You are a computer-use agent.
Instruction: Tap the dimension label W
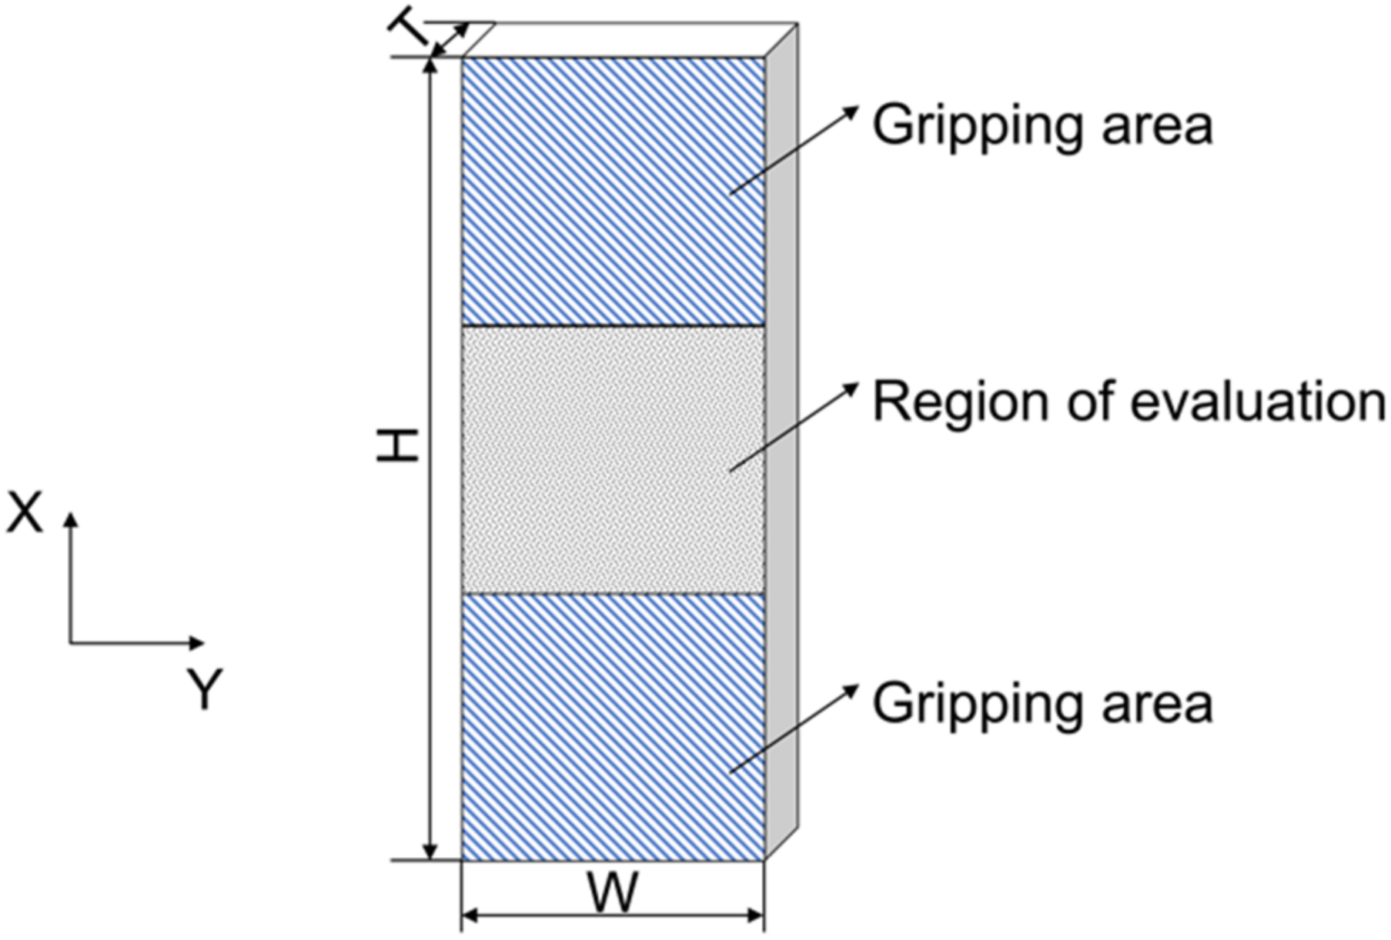tap(613, 893)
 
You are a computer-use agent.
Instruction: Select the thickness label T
tap(408, 31)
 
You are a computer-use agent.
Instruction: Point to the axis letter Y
tap(205, 688)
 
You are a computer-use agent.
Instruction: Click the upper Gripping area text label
tap(1042, 125)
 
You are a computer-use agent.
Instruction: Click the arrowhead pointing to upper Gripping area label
tap(852, 110)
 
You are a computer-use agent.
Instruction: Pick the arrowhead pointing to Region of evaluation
tap(852, 386)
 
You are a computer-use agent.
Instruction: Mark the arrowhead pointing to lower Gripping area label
tap(852, 688)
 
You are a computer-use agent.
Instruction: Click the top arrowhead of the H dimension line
tap(431, 63)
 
